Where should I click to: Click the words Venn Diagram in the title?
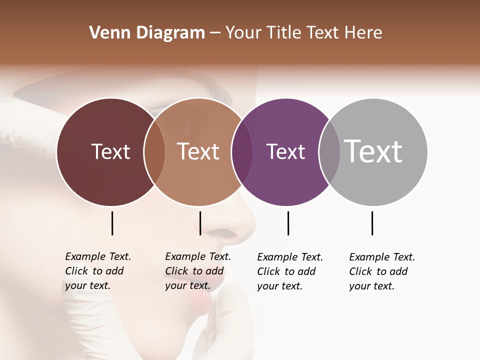point(147,33)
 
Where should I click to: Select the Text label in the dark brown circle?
point(110,151)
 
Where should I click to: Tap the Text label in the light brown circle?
point(198,151)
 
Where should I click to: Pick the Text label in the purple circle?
point(285,151)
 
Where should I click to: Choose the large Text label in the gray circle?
point(373,151)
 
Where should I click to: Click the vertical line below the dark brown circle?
point(112,223)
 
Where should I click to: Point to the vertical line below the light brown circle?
point(200,223)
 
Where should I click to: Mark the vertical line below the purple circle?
point(288,223)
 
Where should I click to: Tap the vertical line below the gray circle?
point(372,223)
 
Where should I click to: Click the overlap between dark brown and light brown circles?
point(154,151)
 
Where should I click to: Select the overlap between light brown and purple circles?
point(242,151)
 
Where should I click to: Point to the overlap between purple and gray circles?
point(329,151)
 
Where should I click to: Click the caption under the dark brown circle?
point(97,271)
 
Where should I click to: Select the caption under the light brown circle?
point(197,271)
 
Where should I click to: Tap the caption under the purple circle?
point(289,271)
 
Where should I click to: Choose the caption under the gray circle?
point(381,271)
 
